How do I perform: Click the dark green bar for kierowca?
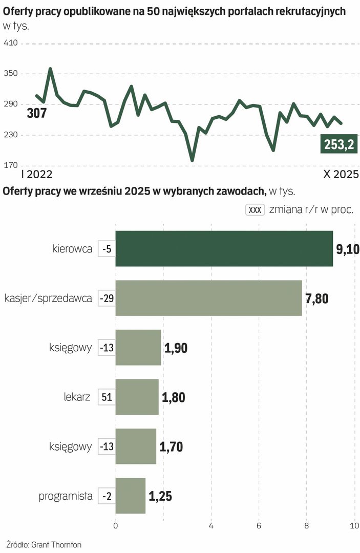pos(224,249)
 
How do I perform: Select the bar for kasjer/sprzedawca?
pos(208,298)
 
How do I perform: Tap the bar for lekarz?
pos(137,397)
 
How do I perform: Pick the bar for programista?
pos(130,496)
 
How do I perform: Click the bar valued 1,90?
pos(138,348)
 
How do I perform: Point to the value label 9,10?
pos(348,249)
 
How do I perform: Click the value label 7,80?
pos(316,299)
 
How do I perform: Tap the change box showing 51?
pos(107,397)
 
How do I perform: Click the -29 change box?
pos(107,298)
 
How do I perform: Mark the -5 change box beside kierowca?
pos(107,249)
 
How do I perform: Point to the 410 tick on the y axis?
pos(11,44)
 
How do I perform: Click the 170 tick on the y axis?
pos(11,165)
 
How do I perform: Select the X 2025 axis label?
pos(341,175)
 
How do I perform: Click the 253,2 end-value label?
pos(338,144)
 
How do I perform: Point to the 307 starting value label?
pos(36,113)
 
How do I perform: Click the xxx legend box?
pos(255,210)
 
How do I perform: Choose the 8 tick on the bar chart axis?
pos(306,526)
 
